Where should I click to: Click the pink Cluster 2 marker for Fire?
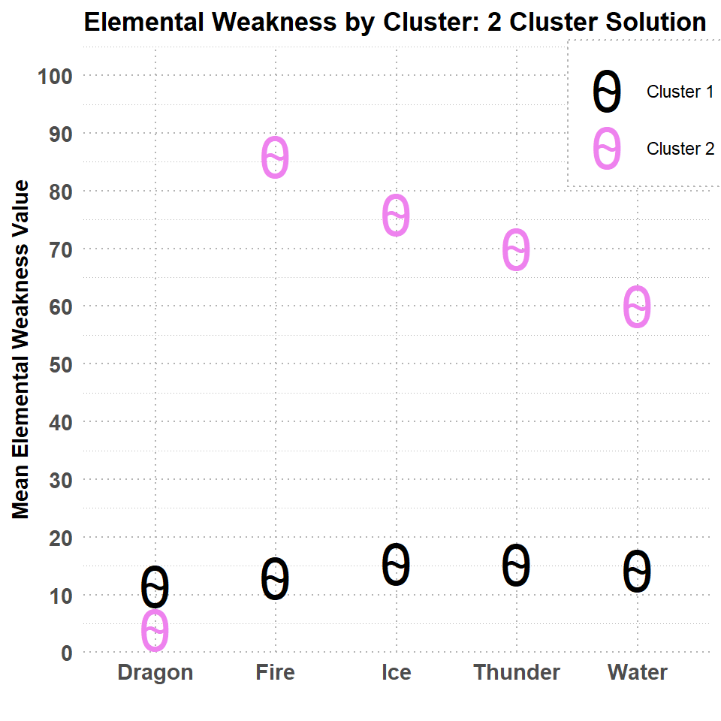[275, 158]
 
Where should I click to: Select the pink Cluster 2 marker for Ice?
[396, 216]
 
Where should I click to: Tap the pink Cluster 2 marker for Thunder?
[517, 250]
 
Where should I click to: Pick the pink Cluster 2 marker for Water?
[638, 306]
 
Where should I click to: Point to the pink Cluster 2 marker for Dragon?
[155, 630]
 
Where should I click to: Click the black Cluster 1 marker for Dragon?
[155, 587]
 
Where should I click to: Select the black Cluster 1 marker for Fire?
[275, 579]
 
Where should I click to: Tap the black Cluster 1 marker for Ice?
[396, 565]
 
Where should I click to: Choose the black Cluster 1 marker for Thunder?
[517, 565]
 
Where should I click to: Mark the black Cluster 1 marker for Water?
[638, 572]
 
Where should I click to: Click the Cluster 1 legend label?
[680, 92]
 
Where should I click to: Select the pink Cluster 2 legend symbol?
[607, 149]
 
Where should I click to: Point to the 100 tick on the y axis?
[55, 77]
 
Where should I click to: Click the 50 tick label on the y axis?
[61, 365]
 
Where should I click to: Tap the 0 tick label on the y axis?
[67, 653]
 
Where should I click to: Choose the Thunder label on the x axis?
[517, 672]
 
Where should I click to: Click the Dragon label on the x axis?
[155, 673]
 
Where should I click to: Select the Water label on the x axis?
[638, 672]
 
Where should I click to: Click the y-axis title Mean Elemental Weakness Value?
[21, 349]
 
